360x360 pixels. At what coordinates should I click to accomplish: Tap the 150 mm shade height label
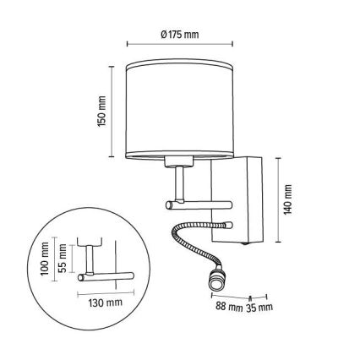(102, 111)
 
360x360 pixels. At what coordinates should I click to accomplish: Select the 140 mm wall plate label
(287, 199)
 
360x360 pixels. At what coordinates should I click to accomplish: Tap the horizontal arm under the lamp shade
(199, 205)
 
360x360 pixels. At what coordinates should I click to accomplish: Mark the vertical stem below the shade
(180, 183)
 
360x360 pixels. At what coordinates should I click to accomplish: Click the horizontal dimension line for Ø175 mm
(179, 46)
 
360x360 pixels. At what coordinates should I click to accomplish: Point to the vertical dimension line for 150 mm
(113, 111)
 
